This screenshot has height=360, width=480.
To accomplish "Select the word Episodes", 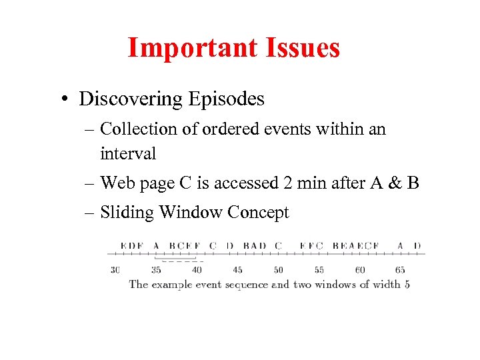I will pos(226,99).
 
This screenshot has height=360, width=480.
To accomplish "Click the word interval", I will pos(128,153).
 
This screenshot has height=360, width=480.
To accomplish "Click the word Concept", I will pos(258,212).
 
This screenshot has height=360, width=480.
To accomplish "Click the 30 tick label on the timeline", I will pos(115,270).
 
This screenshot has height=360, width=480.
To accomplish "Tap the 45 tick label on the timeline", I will pos(237,270).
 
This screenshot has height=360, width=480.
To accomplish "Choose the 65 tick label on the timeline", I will pos(400,270).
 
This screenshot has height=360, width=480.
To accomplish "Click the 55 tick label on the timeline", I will pos(319,270).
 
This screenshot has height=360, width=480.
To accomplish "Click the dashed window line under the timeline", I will pos(179,261).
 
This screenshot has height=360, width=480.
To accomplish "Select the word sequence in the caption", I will pos(246,284).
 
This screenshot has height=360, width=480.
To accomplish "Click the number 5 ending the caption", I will pos(407,284).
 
